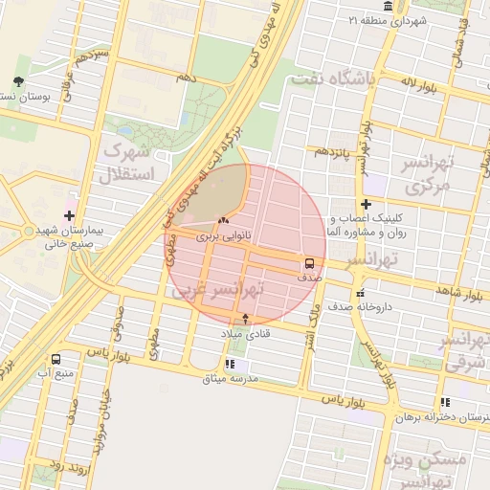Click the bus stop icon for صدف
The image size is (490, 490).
[309, 261]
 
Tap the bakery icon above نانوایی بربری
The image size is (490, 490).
[223, 220]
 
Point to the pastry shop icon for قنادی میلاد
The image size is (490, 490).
[247, 319]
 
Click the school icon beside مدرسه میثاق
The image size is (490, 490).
[229, 365]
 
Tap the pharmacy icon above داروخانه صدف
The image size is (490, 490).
[360, 294]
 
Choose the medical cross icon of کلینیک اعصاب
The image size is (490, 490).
[366, 204]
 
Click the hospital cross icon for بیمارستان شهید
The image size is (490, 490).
[69, 214]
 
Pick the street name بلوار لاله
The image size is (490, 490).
[418, 85]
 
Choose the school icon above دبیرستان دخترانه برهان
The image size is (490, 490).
[445, 403]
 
